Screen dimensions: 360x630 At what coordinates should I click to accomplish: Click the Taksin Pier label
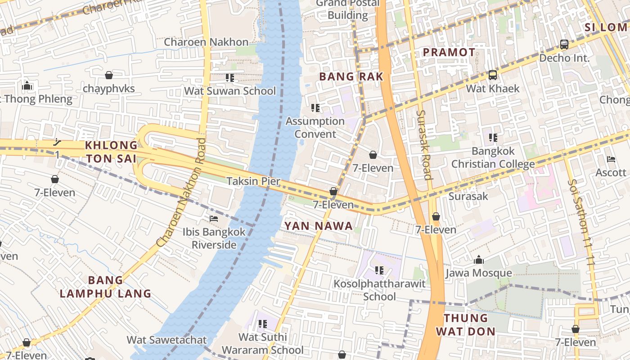pos(253,181)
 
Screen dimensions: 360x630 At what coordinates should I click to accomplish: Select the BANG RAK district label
pos(351,76)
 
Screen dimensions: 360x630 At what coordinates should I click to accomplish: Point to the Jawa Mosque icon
pos(478,260)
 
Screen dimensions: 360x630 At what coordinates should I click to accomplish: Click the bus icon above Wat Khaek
pos(493,75)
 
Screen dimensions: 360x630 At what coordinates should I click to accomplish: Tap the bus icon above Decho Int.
pos(564,45)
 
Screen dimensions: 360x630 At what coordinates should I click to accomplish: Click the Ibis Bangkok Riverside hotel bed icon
pos(214,219)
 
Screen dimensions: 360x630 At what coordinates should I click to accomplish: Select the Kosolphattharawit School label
pos(379,290)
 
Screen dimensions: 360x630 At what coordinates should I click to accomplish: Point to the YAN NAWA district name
pos(319,226)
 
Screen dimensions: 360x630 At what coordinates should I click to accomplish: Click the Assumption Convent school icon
pos(315,108)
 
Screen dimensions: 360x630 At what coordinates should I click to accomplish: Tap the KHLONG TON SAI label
pos(111,152)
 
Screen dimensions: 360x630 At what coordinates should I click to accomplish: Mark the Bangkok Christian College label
pos(493,157)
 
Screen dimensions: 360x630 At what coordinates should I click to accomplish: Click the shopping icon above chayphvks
pos(108,75)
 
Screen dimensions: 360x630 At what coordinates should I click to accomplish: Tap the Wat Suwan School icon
pos(230,78)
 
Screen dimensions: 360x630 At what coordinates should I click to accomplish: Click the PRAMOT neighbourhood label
pos(449,52)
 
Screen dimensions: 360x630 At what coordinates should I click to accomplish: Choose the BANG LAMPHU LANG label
pos(105,287)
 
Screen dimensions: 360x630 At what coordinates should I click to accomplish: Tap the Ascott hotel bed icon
pos(611,159)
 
